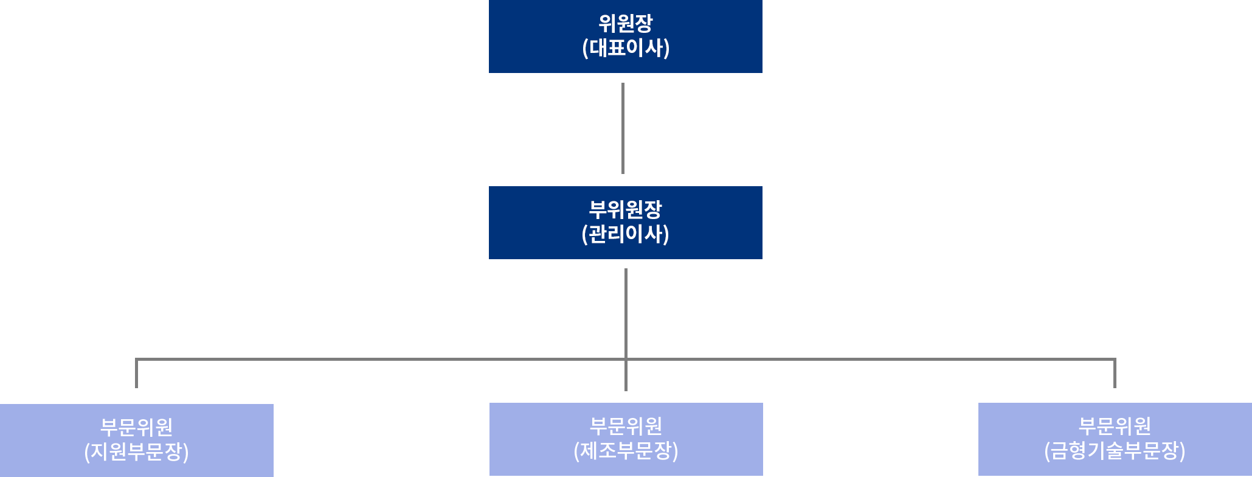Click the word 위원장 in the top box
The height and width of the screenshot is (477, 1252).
(x=625, y=24)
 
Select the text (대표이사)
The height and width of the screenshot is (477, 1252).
(x=626, y=48)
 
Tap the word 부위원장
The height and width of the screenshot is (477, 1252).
(x=625, y=210)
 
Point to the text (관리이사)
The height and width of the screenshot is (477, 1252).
(x=625, y=234)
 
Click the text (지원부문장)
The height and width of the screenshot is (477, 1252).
(x=136, y=452)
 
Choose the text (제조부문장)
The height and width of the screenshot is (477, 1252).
(x=626, y=451)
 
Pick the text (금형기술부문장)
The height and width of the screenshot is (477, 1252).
(x=1115, y=451)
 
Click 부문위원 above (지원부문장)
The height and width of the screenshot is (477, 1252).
(x=136, y=427)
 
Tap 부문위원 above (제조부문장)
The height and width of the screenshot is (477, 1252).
(x=626, y=426)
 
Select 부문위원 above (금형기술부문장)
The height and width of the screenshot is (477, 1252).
(x=1115, y=426)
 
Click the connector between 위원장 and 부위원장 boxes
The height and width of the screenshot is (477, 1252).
(x=623, y=128)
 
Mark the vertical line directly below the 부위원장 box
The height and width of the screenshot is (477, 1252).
(x=626, y=310)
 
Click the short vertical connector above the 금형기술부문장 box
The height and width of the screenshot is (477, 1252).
(x=1115, y=375)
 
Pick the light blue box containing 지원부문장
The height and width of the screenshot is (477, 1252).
(x=36, y=440)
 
